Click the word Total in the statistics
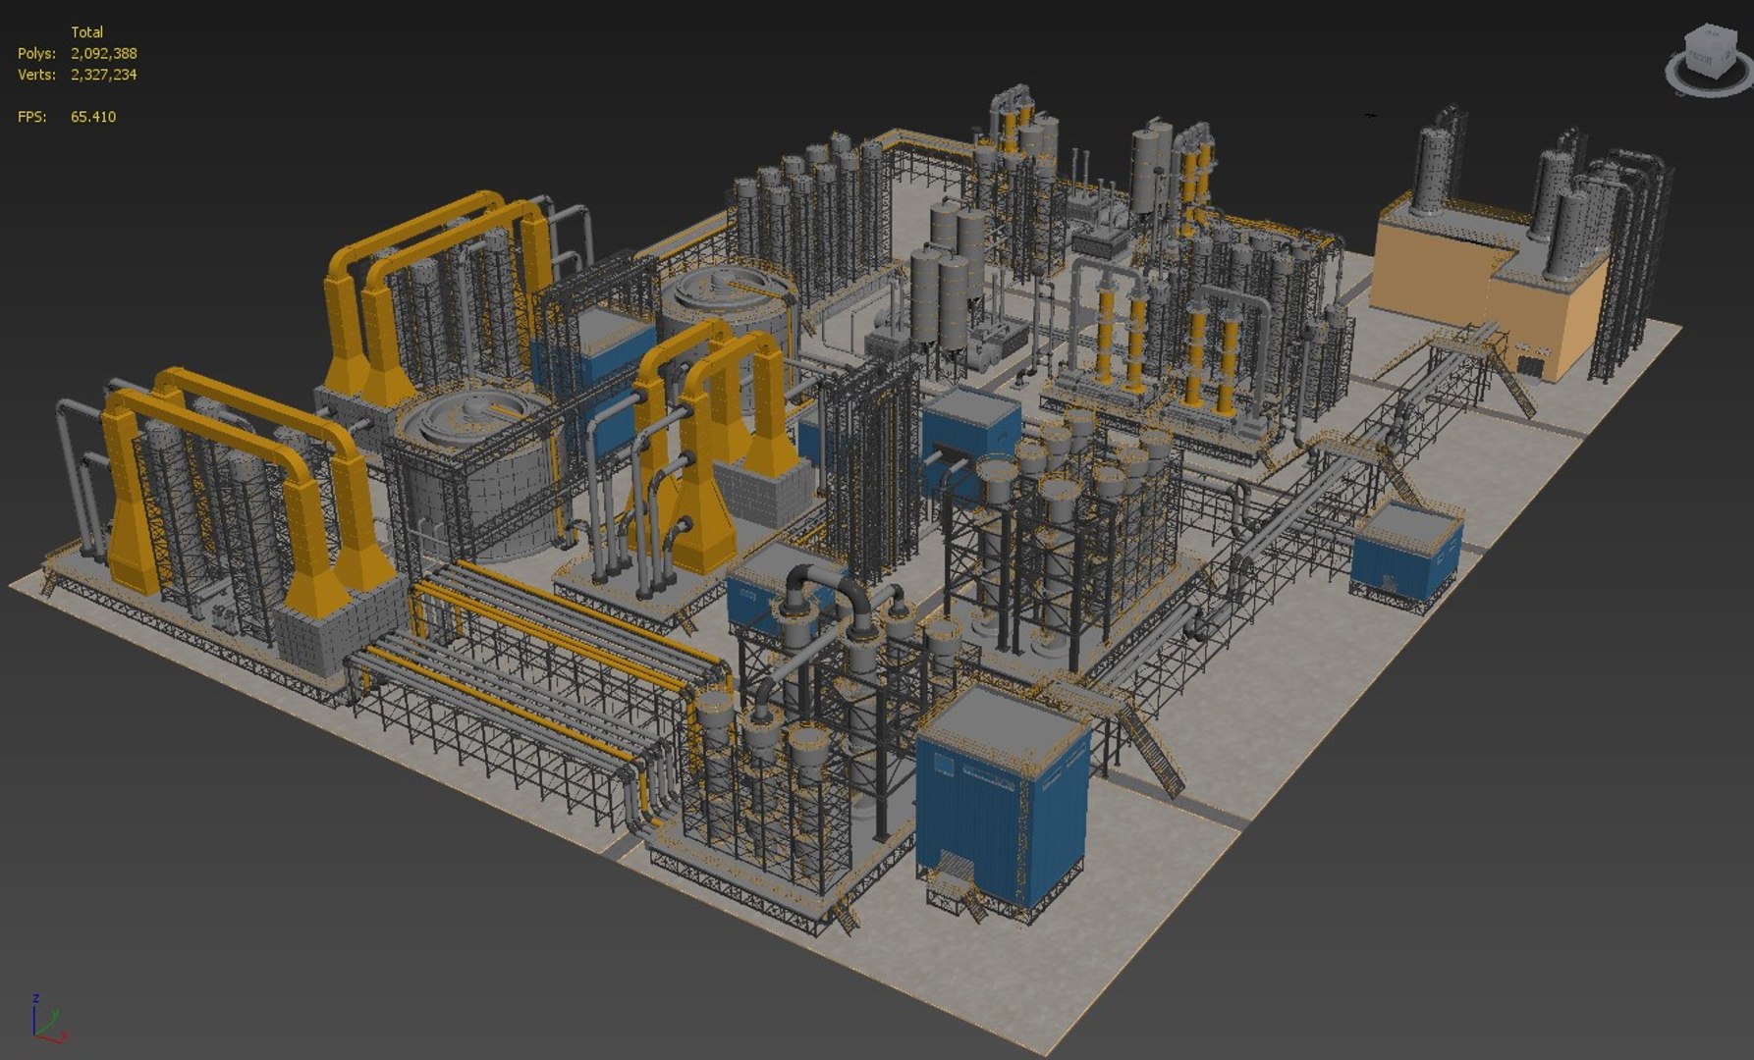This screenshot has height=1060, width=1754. point(86,32)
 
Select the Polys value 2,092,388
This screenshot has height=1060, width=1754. point(103,54)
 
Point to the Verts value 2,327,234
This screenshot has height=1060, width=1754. point(103,75)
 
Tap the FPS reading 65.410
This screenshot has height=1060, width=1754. point(93,117)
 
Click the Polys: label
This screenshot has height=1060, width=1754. point(36,54)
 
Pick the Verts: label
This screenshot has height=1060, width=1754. point(36,75)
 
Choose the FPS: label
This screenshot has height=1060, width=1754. point(31,117)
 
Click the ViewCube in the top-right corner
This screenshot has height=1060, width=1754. point(1710,60)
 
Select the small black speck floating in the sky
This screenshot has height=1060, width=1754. point(1370,116)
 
